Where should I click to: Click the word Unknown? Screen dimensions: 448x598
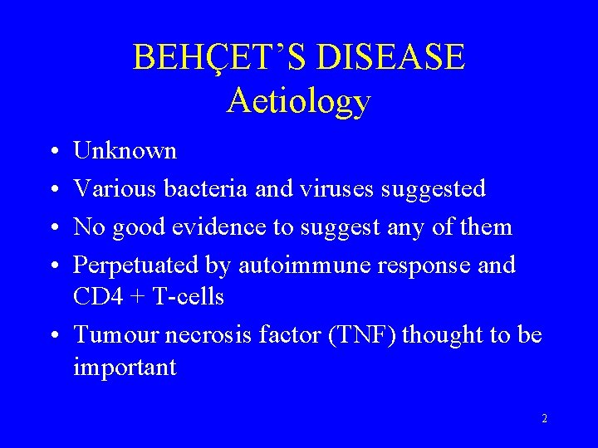pyautogui.click(x=125, y=151)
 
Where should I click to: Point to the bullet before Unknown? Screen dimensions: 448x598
pyautogui.click(x=52, y=152)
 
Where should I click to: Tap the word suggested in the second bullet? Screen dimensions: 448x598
pyautogui.click(x=434, y=189)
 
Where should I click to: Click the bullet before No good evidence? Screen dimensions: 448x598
pyautogui.click(x=52, y=228)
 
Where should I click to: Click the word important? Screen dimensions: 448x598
pyautogui.click(x=125, y=367)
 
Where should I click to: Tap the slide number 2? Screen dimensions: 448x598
pyautogui.click(x=544, y=419)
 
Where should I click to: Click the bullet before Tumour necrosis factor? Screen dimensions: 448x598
pyautogui.click(x=52, y=336)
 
